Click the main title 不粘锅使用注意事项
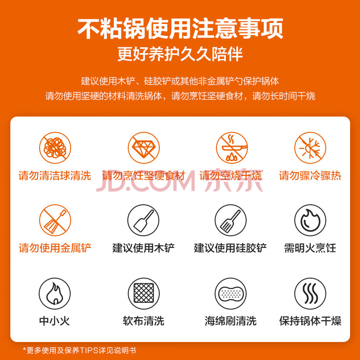point(180,28)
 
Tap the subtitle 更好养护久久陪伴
point(180,54)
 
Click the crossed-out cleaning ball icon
point(55,148)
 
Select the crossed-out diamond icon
point(144,148)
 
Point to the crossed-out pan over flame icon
point(232,148)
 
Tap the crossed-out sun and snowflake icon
point(310,148)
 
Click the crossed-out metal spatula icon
point(55,220)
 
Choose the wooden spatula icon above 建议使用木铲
point(143,220)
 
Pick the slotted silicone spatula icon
point(230,220)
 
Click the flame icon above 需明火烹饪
point(310,220)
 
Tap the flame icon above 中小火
point(54,294)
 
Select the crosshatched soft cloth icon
point(144,294)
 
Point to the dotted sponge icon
point(230,294)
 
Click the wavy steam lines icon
point(310,294)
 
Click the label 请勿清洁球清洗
point(55,175)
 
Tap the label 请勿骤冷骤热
point(310,175)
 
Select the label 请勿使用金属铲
point(55,248)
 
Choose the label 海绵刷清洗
point(230,321)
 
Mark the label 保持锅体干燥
point(310,321)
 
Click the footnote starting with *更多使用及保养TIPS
point(80,350)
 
